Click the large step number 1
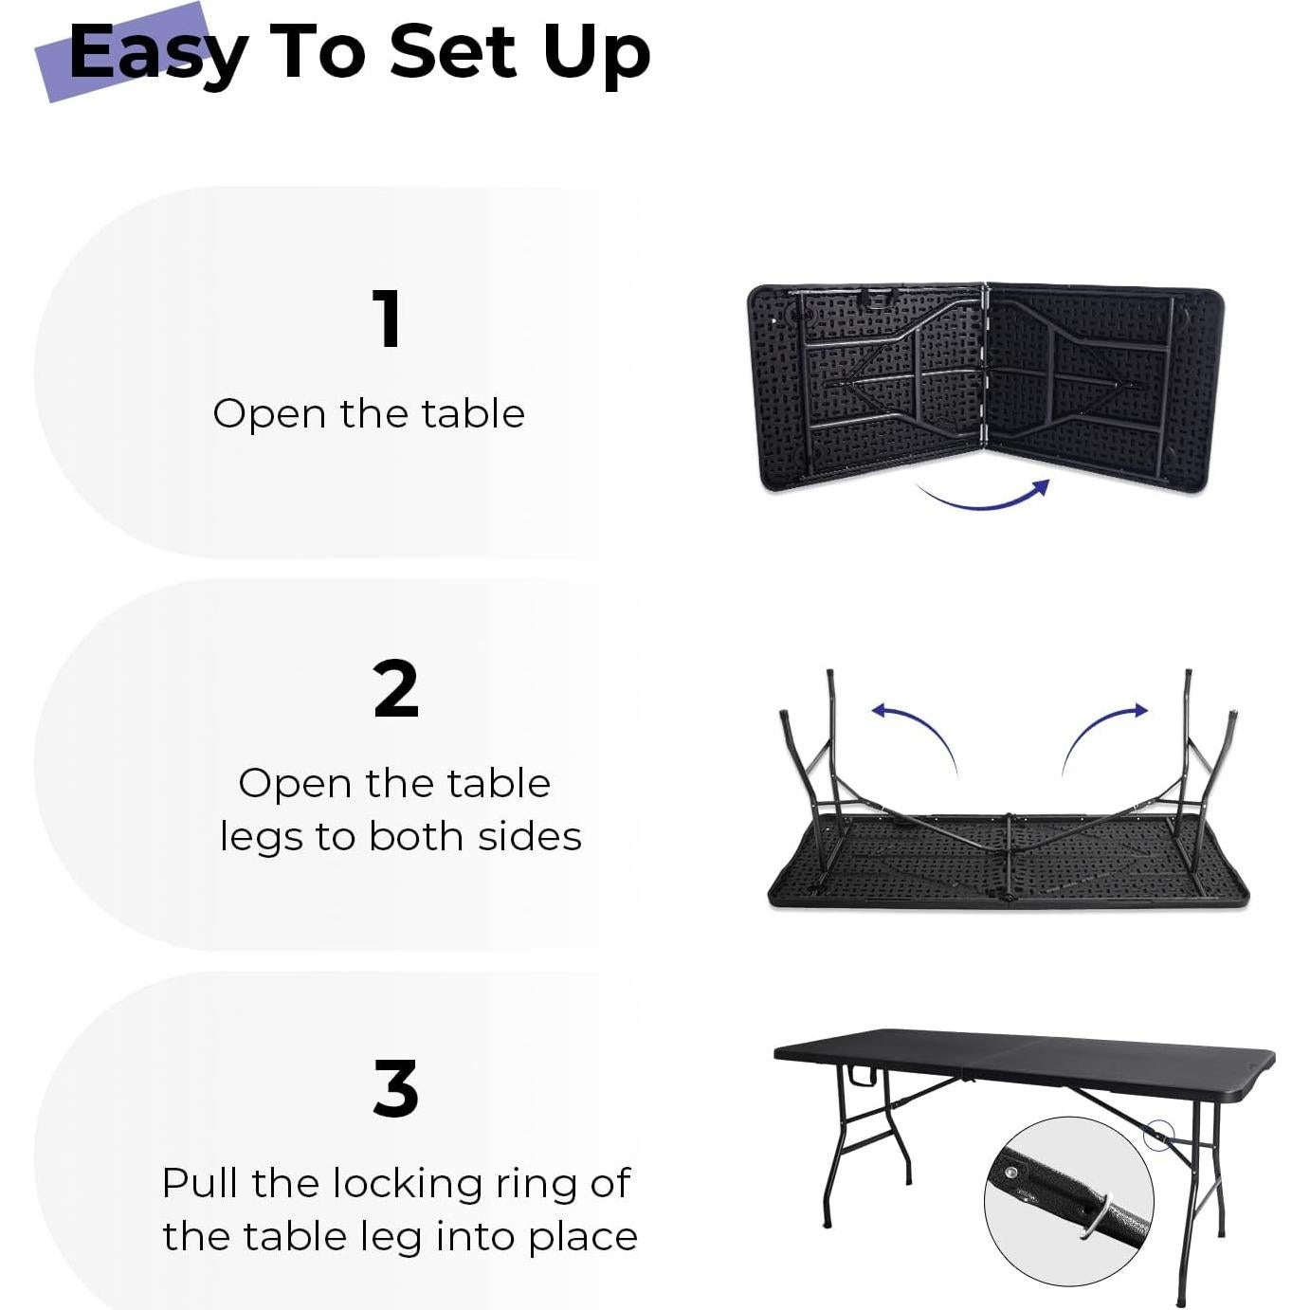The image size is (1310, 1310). click(387, 319)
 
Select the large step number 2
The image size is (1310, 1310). click(395, 690)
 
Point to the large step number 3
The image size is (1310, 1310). click(395, 1089)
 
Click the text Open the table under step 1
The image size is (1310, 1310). click(369, 414)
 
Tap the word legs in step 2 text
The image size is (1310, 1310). click(262, 838)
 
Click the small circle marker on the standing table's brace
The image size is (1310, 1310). click(1158, 1135)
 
